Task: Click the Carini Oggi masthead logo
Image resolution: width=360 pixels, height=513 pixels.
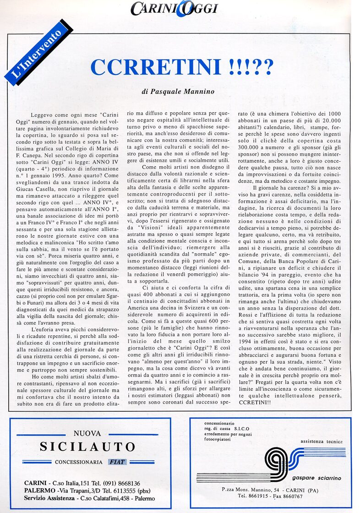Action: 174,8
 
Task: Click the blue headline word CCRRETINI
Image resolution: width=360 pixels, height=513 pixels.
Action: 156,67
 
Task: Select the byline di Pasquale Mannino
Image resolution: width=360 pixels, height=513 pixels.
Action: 178,92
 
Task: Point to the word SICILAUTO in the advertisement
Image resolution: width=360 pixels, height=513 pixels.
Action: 87,447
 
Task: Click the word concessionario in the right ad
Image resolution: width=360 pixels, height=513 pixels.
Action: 219,423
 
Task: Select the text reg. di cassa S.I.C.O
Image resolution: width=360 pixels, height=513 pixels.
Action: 230,428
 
